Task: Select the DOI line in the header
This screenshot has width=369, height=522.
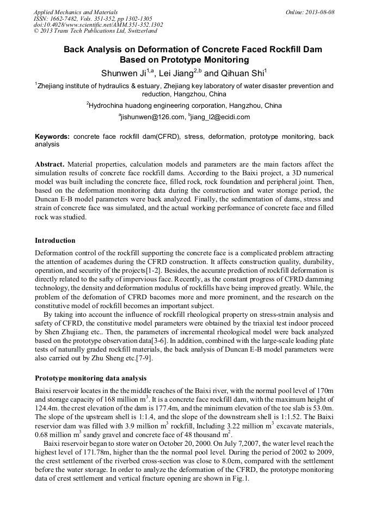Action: click(98, 25)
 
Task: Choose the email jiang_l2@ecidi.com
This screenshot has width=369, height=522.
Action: click(220, 116)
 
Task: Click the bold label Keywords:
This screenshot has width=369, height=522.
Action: click(52, 137)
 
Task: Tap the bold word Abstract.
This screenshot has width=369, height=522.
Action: click(50, 164)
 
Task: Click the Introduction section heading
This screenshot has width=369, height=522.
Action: click(55, 240)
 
